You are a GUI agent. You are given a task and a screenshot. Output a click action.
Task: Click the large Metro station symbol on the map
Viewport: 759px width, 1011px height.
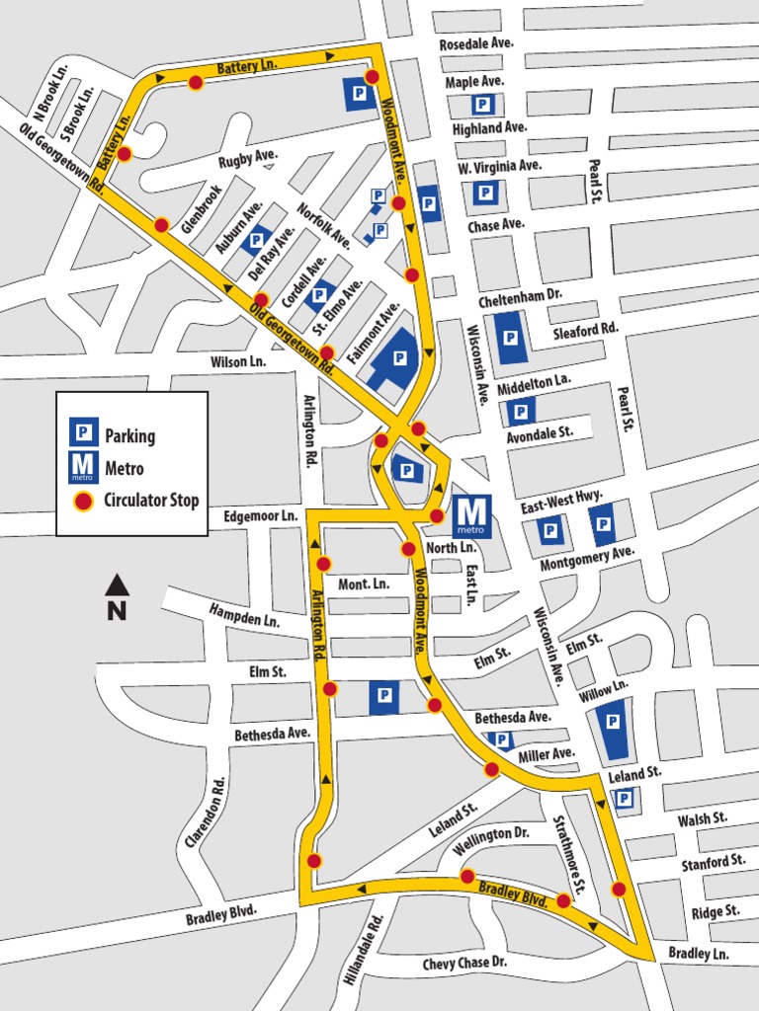[x=471, y=516]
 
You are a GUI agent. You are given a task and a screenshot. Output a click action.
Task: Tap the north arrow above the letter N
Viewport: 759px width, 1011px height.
[x=117, y=584]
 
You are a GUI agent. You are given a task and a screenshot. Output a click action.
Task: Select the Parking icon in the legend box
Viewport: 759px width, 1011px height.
[x=83, y=431]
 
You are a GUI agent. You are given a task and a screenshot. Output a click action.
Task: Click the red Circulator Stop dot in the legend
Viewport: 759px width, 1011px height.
[x=84, y=502]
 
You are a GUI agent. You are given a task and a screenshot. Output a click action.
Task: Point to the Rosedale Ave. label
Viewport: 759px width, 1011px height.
[x=476, y=44]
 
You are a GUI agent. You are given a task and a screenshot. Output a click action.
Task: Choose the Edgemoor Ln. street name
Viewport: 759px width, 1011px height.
[x=260, y=516]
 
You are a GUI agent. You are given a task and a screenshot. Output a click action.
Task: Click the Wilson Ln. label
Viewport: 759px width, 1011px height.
[x=238, y=362]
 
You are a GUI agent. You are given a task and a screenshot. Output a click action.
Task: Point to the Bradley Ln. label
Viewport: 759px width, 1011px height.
[x=698, y=954]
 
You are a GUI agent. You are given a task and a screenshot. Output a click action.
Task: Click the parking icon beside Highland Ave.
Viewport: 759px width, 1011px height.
[x=481, y=105]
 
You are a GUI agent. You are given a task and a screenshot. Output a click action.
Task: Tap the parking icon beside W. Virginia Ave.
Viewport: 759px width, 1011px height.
[x=484, y=193]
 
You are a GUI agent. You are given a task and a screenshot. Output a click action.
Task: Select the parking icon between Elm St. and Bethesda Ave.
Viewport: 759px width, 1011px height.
[x=383, y=697]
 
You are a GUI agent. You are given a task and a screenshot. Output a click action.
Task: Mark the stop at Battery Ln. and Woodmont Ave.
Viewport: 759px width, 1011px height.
[x=372, y=77]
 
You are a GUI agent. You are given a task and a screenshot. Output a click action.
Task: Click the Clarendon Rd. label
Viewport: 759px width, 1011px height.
[x=206, y=812]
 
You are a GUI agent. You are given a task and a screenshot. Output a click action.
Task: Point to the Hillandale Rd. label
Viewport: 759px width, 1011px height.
[x=363, y=950]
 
